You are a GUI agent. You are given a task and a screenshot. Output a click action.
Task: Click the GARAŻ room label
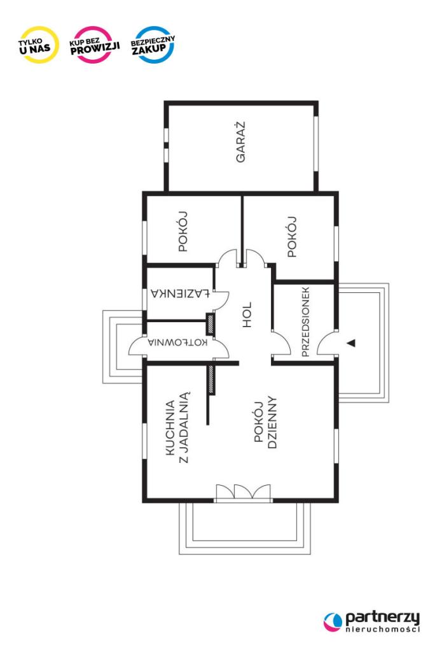pos(240,142)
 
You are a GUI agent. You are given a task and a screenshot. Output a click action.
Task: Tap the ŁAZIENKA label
pos(180,294)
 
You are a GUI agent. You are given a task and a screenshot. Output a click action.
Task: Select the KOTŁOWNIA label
pos(177,343)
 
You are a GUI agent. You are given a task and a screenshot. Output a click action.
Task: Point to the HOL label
pos(247,315)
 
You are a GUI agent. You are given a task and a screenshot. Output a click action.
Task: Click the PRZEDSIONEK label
pos(305,322)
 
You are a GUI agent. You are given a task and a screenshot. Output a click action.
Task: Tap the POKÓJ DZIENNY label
pos(265,422)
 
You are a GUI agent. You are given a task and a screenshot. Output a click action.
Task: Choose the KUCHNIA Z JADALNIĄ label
pos(177,427)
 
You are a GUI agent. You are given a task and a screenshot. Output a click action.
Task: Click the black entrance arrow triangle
pos(352,343)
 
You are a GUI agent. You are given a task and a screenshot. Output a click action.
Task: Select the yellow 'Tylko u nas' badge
pos(39,45)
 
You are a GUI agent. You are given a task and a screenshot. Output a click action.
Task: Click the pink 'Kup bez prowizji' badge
pos(94,45)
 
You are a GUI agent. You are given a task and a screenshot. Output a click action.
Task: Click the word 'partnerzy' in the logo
pos(382,618)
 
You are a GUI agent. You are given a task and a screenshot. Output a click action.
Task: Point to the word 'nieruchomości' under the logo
pos(382,629)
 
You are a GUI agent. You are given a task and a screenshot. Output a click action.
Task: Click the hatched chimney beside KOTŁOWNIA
pos(211,325)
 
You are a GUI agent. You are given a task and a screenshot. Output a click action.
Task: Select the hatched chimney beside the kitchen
pos(212,380)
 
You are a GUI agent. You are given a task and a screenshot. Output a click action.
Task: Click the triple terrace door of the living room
pos(243,492)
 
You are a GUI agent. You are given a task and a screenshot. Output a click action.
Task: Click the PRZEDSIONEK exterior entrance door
pos(326,343)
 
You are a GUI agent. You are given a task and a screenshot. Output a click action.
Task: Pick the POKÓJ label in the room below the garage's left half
pos(183,231)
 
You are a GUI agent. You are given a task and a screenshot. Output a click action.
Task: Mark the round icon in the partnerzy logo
pos(333,622)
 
